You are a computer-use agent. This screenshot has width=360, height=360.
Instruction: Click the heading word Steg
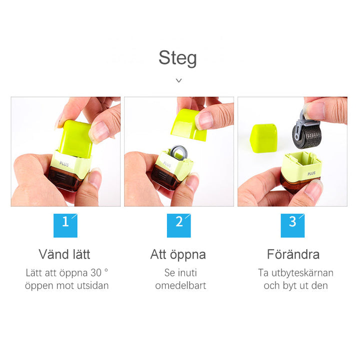[177, 58]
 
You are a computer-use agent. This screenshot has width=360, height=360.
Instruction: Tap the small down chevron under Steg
[178, 80]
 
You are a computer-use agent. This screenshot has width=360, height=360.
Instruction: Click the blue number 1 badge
[65, 224]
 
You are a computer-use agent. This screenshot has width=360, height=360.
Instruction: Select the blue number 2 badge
[179, 224]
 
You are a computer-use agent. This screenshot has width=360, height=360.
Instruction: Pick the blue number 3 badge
[292, 224]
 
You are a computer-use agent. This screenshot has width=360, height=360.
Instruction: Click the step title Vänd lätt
[64, 254]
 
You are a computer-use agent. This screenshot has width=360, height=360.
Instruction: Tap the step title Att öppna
[178, 254]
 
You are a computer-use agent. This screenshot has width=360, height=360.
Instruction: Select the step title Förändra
[293, 254]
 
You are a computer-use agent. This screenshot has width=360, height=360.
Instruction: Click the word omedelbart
[180, 286]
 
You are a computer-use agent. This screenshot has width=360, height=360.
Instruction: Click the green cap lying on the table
[263, 138]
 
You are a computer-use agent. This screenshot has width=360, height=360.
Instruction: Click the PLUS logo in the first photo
[64, 162]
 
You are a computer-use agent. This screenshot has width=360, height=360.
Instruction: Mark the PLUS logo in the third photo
[310, 173]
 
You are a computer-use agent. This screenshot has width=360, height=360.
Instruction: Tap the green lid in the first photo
[75, 137]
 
